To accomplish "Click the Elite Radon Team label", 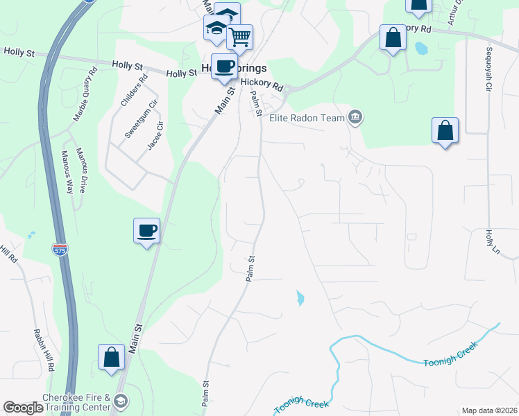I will [x=307, y=118].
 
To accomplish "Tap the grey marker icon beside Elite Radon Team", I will [x=355, y=117].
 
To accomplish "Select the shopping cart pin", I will [x=239, y=36].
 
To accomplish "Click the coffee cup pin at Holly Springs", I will [x=223, y=67].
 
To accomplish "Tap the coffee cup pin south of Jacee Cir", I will [x=146, y=230].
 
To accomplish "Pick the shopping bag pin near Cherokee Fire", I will [x=111, y=358].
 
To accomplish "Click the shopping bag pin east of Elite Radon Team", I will [x=445, y=130].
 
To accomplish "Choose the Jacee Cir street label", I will [x=155, y=135].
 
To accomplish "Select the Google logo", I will [x=23, y=408].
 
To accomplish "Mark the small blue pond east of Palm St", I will [x=300, y=299].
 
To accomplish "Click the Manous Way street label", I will [x=67, y=173].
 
